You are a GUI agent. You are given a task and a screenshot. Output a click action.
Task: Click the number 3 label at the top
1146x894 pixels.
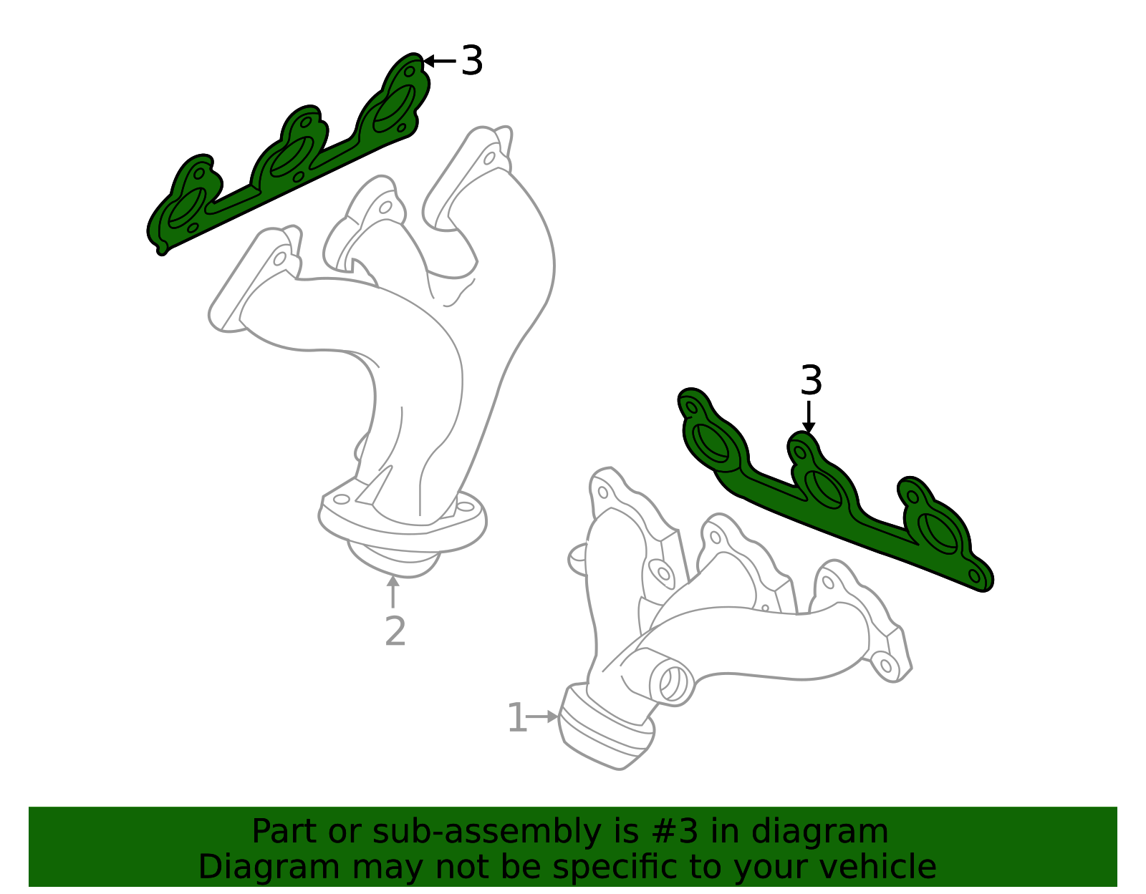pos(471,61)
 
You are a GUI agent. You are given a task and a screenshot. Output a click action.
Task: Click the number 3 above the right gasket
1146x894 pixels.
pos(811,380)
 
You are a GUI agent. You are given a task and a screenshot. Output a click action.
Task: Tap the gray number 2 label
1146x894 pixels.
pos(395,631)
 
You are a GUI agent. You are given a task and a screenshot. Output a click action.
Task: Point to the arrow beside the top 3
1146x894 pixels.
pos(439,61)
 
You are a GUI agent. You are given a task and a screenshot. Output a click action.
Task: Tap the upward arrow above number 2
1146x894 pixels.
pos(393,592)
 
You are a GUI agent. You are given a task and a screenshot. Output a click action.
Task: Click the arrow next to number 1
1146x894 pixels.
pos(542,716)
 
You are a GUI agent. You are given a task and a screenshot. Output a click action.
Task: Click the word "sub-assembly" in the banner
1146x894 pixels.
pos(486,832)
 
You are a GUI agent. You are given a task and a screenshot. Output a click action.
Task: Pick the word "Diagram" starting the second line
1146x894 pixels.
pos(269,867)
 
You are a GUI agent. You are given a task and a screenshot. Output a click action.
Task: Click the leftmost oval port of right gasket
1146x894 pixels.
pos(711,443)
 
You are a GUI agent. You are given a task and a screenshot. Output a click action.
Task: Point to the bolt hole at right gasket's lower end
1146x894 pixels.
pos(974,575)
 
